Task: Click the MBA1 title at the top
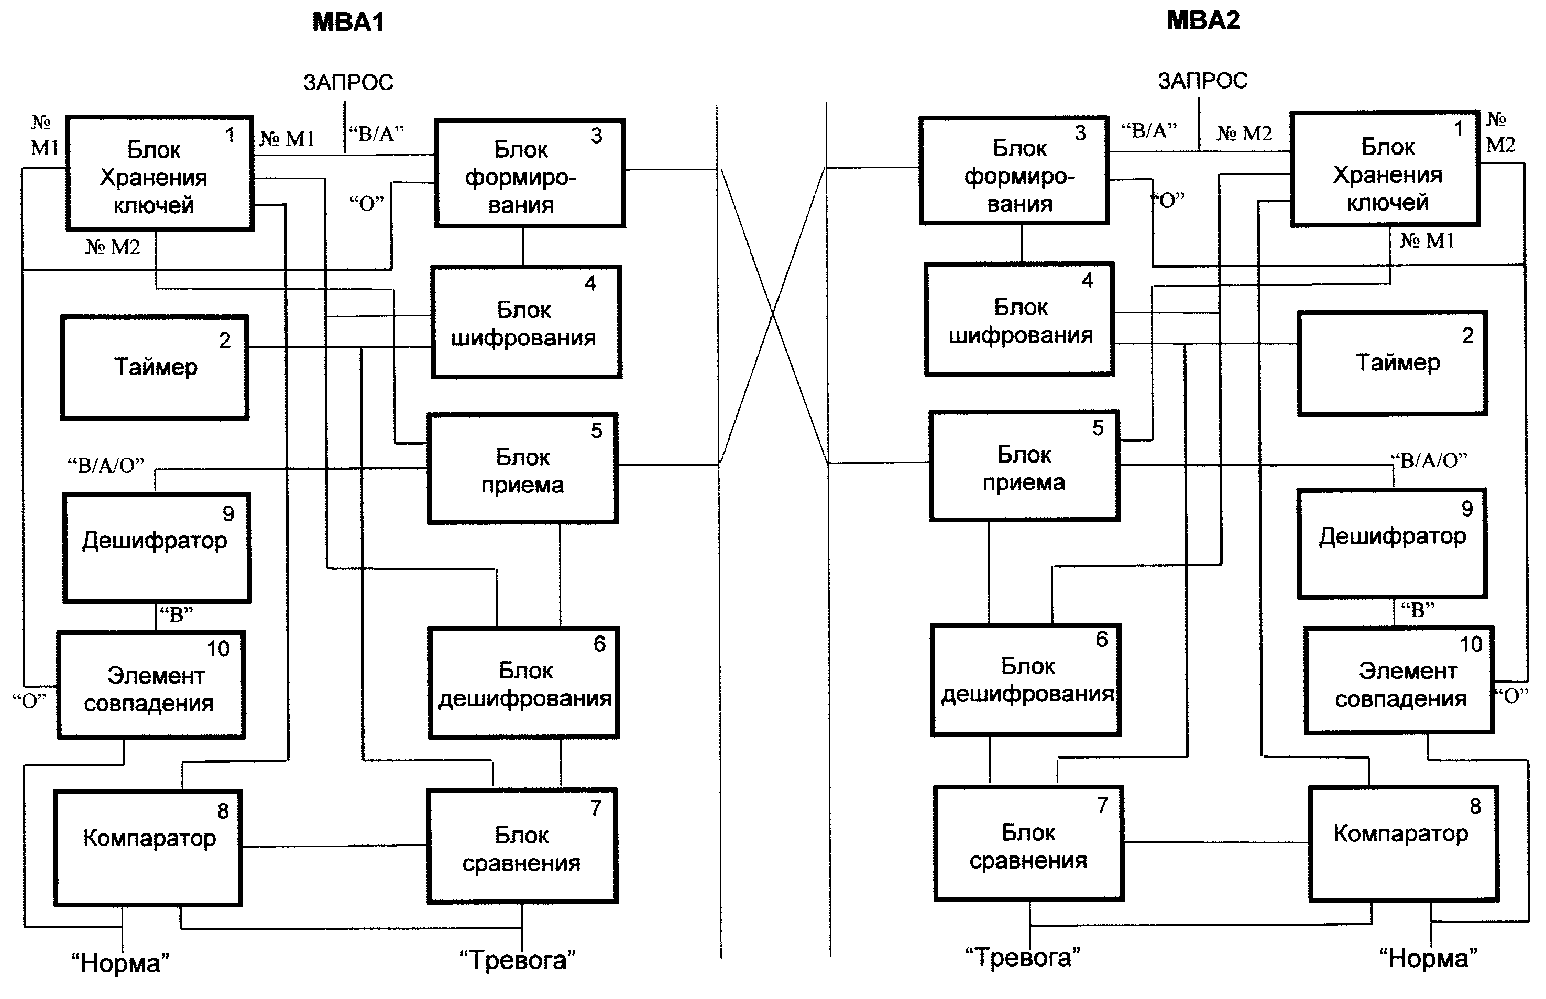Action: pos(348,23)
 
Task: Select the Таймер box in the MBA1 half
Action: pos(155,368)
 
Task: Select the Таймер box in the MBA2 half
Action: pos(1393,363)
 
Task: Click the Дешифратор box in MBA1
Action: pos(156,548)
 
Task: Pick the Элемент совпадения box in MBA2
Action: pos(1399,680)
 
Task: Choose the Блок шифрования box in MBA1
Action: pos(526,322)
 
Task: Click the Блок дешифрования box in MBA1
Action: pos(524,683)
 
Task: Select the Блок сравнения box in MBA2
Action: pos(1029,843)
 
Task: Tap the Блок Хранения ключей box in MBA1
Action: pos(160,174)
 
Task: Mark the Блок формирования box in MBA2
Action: pos(1014,171)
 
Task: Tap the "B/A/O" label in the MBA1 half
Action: pos(106,466)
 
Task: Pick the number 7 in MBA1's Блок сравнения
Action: pos(596,808)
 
